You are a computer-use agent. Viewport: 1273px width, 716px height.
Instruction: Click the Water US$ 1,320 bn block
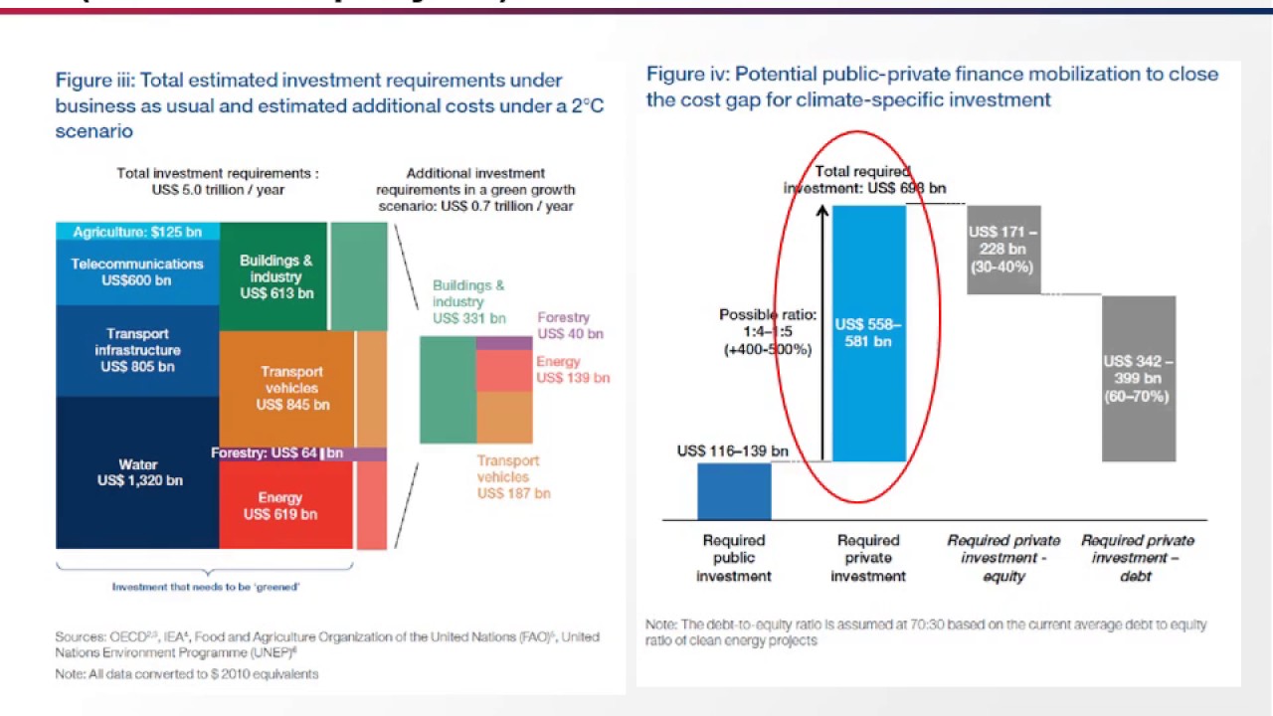[x=137, y=472]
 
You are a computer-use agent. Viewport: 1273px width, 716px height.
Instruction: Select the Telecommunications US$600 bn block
[x=137, y=271]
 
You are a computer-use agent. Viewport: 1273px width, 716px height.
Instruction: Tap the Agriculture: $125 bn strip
[x=137, y=232]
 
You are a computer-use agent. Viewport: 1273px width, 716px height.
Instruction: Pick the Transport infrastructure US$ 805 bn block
[x=137, y=350]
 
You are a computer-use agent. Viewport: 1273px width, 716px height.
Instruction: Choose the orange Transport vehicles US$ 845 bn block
[x=286, y=388]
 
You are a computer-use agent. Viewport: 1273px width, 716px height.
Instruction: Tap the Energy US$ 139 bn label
[x=572, y=370]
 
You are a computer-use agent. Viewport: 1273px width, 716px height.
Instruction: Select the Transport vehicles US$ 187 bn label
[x=512, y=476]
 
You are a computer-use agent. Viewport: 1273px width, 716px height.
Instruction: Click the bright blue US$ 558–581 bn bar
[x=868, y=332]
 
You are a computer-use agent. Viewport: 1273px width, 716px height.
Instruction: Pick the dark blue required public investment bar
[x=734, y=491]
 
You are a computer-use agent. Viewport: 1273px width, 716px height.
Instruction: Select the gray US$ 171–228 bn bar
[x=1002, y=250]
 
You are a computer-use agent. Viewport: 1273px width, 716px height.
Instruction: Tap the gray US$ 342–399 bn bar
[x=1138, y=379]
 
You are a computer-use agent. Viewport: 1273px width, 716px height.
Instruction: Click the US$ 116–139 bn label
[x=732, y=451]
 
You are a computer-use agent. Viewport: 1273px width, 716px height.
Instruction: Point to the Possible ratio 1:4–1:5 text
[x=767, y=332]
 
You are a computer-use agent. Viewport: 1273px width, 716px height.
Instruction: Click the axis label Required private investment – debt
[x=1137, y=558]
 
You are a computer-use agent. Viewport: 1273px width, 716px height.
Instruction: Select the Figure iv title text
[x=931, y=87]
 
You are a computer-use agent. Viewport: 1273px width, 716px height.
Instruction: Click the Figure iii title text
[x=328, y=105]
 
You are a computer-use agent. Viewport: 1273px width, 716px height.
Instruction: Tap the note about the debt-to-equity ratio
[x=925, y=632]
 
